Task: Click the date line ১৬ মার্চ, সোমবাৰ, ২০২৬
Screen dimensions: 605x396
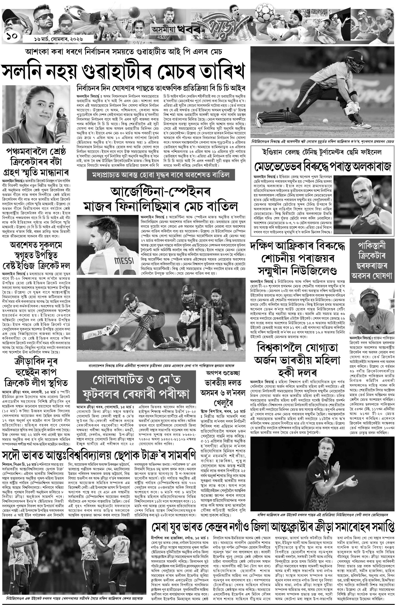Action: click(x=58, y=39)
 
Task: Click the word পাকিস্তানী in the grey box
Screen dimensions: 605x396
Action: click(x=372, y=246)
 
